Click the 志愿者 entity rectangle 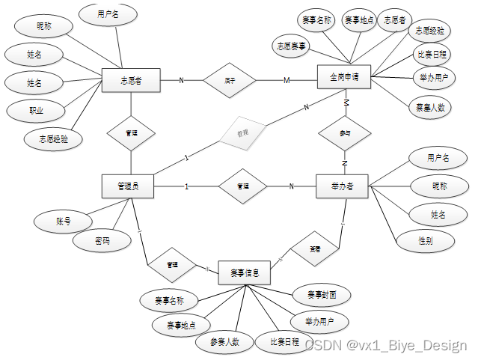pyautogui.click(x=132, y=80)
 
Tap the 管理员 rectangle pyautogui.click(x=128, y=186)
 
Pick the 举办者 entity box pyautogui.click(x=341, y=186)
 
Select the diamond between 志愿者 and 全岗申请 pyautogui.click(x=230, y=80)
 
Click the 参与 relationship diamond pyautogui.click(x=344, y=132)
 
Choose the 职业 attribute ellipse pyautogui.click(x=36, y=111)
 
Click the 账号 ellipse pyautogui.click(x=64, y=222)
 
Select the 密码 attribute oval pyautogui.click(x=102, y=241)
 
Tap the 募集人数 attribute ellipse pyautogui.click(x=430, y=107)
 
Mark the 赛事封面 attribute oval pyautogui.click(x=317, y=295)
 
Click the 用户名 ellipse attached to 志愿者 pyautogui.click(x=107, y=14)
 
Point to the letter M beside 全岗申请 pyautogui.click(x=286, y=80)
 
